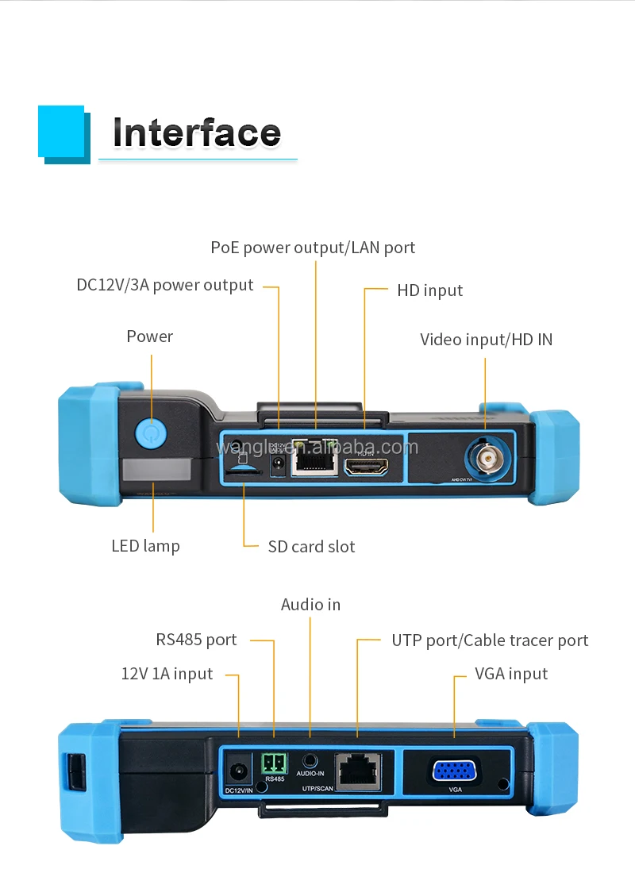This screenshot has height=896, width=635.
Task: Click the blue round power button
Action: pos(150,433)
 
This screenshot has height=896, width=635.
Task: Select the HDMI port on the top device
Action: pos(367,467)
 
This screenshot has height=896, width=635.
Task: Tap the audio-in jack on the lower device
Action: pos(310,759)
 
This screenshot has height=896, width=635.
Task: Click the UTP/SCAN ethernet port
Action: pos(357,770)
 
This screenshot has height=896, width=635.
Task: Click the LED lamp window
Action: pos(156,471)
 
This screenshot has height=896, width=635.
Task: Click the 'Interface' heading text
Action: pos(196,133)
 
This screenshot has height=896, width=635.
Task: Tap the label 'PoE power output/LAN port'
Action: pos(313,248)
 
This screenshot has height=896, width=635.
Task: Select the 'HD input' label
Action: pos(429,290)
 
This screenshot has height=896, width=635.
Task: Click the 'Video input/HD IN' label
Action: pos(486,340)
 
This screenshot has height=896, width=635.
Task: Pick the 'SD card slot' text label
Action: pos(311,546)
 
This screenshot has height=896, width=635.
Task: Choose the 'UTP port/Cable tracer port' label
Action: pos(490,640)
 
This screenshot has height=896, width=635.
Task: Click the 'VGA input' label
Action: pos(511,674)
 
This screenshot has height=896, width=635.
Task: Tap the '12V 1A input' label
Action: pos(167,674)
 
